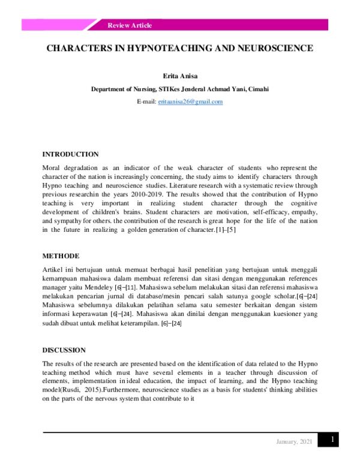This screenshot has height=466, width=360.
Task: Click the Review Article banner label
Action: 130,25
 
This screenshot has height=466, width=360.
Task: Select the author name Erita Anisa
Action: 179,77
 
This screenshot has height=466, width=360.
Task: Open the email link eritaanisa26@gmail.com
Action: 190,101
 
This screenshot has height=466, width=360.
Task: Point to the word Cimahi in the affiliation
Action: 258,89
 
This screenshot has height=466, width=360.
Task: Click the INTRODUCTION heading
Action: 70,154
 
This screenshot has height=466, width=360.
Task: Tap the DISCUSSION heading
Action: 64,349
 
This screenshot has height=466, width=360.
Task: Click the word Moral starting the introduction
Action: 52,168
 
